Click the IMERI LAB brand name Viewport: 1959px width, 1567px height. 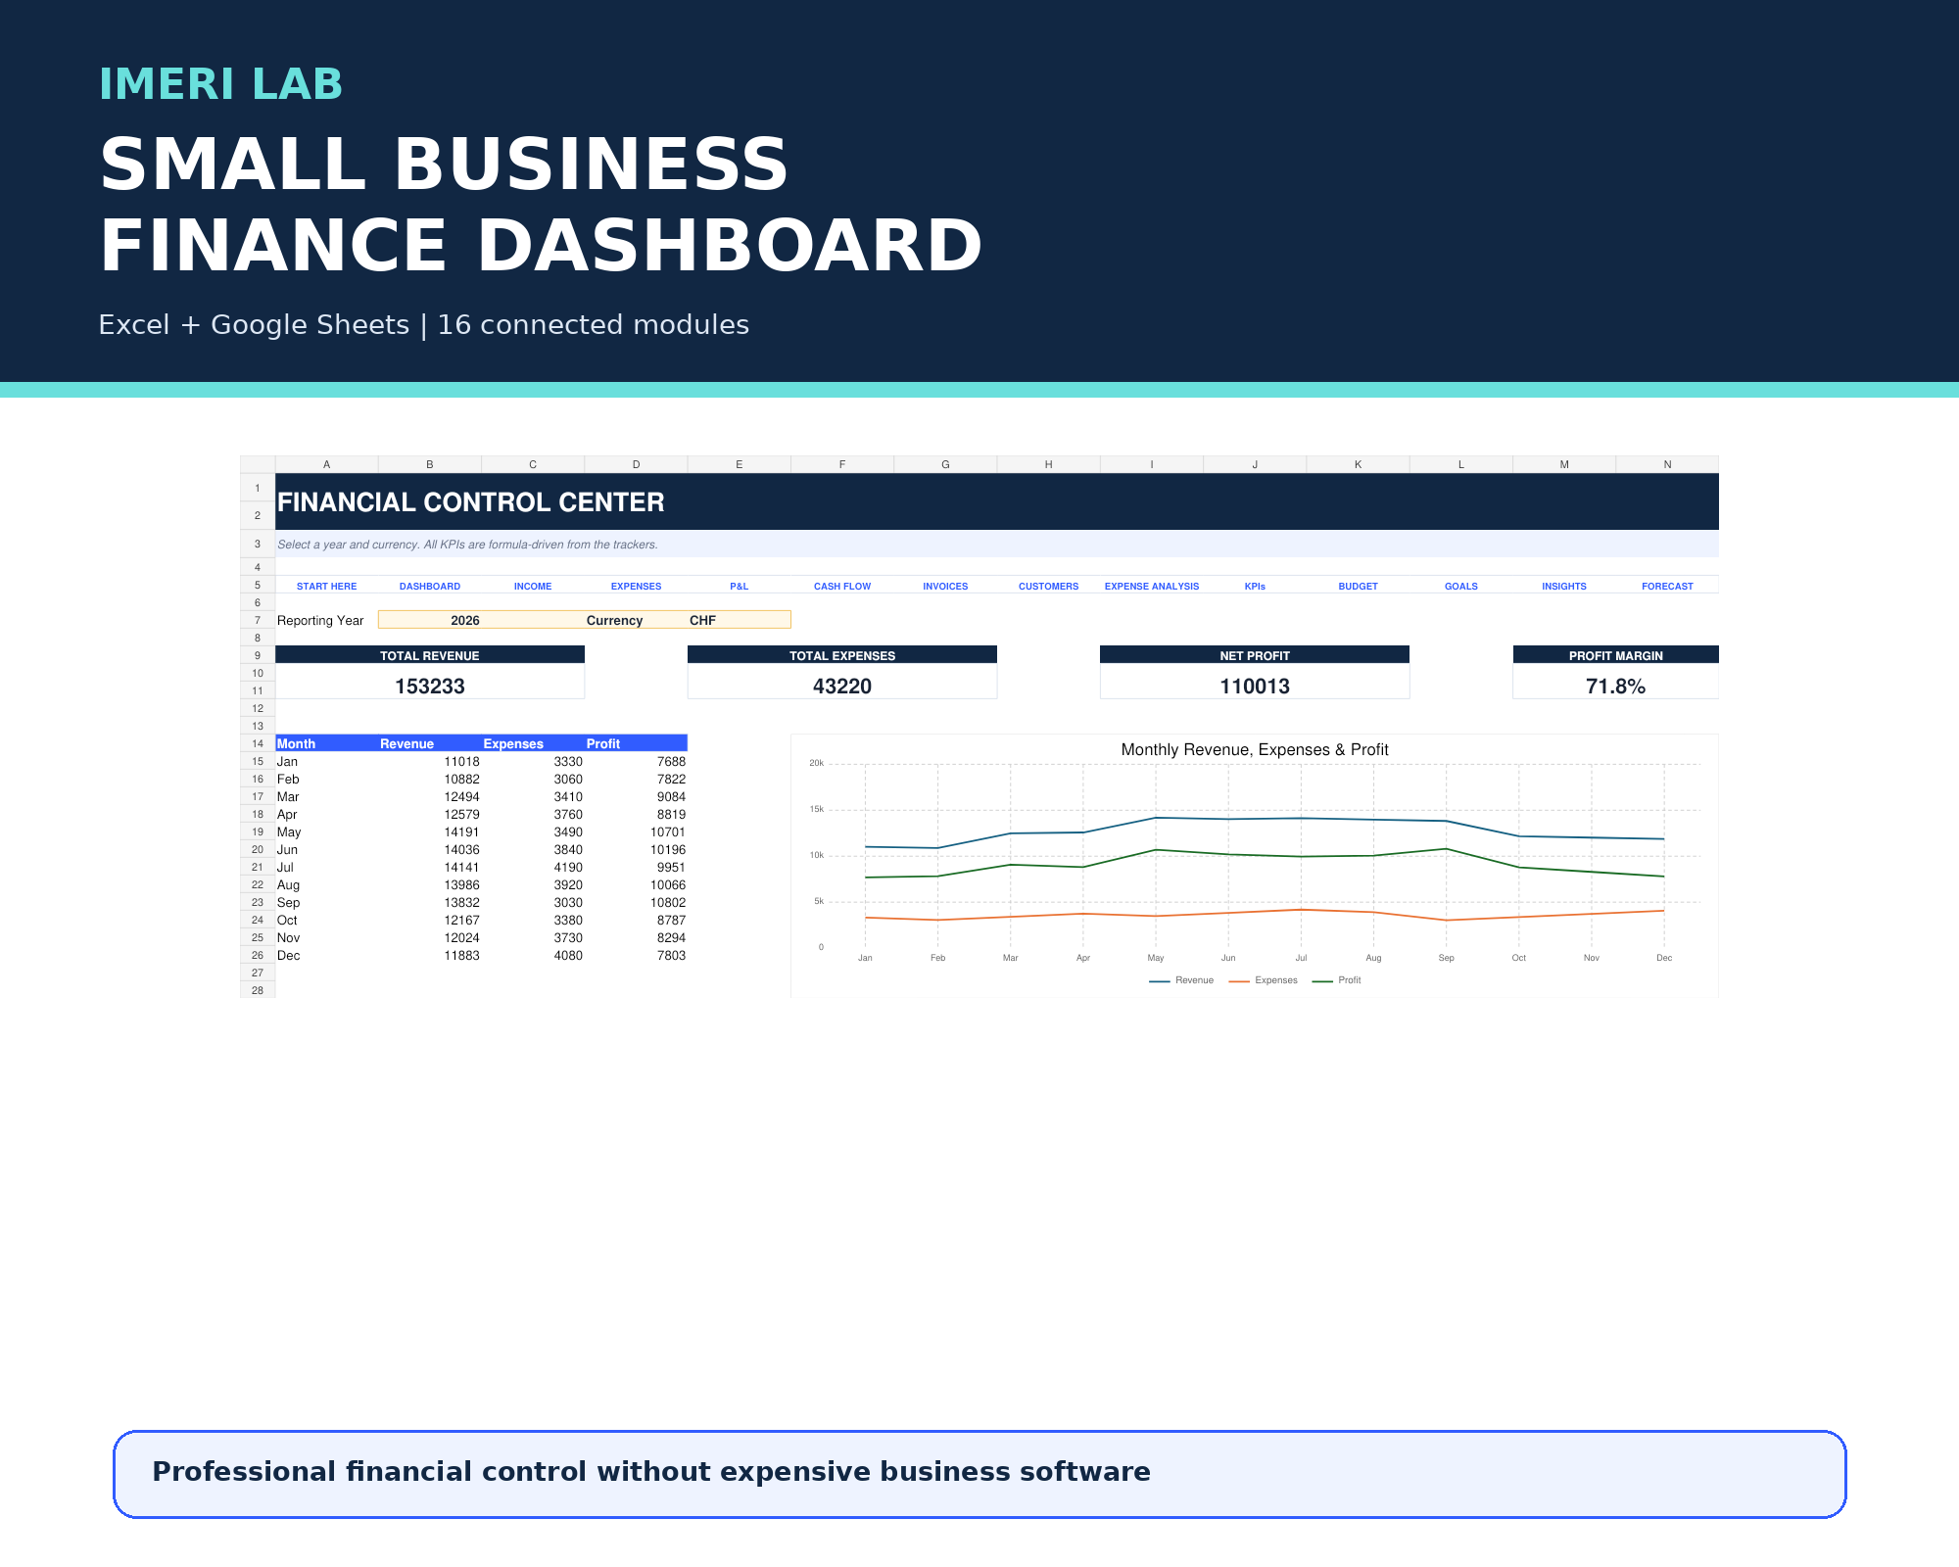pos(220,84)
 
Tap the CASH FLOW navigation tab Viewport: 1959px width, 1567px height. pos(842,587)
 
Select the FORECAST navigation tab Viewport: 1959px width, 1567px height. pos(1667,587)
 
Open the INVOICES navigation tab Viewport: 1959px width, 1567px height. pos(945,587)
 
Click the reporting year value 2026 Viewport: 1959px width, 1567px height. pos(465,620)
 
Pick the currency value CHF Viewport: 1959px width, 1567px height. pos(702,620)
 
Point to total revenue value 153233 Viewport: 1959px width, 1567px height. pos(430,687)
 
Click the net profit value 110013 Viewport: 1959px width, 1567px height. pos(1255,687)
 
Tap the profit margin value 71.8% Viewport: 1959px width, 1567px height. pos(1615,687)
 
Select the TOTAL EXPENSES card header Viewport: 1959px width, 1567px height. pos(842,655)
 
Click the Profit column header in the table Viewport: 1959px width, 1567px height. pos(603,744)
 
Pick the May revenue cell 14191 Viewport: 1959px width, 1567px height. pos(461,832)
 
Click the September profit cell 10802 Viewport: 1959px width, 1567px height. pos(668,903)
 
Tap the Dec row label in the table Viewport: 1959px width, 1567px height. pos(288,956)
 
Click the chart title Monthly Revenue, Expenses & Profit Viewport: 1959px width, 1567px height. pos(1255,749)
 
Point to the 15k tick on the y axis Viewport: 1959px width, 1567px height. pos(817,809)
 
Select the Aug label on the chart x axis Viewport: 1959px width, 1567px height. pos(1373,958)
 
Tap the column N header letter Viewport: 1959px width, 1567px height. pos(1667,464)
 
